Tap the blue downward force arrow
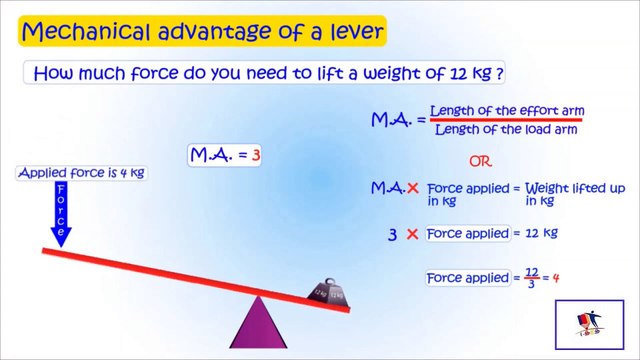coord(62,216)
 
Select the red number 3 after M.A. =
coord(256,156)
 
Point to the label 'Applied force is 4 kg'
coord(82,173)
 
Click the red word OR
coord(482,160)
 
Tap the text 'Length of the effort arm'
coord(507,110)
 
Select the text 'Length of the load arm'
coord(507,128)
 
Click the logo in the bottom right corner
coord(589,323)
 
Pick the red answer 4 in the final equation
coord(555,278)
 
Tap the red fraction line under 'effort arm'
coord(507,119)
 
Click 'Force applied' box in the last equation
coord(468,278)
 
